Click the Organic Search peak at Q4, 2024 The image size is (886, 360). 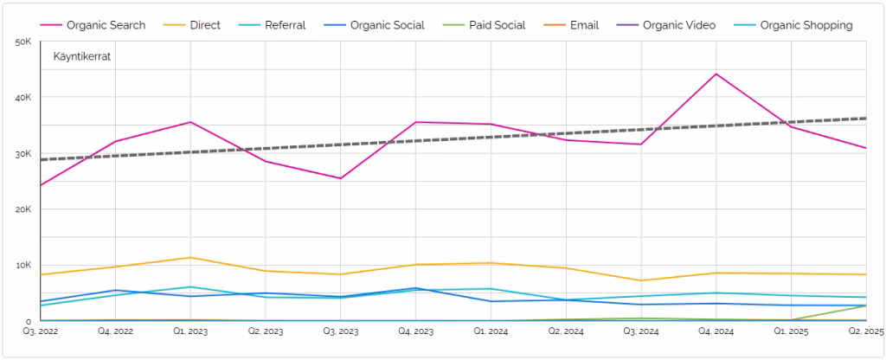tap(716, 74)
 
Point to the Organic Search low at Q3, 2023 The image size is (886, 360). tap(340, 178)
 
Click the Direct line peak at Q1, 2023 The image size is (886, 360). tap(190, 257)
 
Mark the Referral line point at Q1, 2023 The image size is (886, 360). tap(190, 286)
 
